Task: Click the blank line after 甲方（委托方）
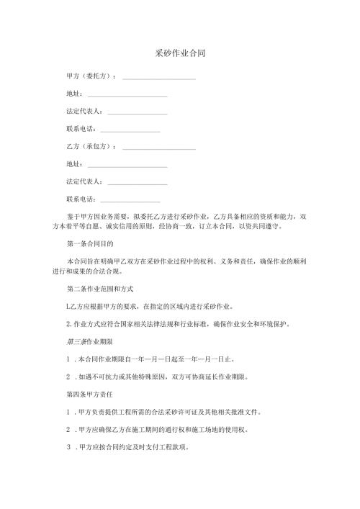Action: coord(159,77)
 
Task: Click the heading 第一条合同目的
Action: coord(90,244)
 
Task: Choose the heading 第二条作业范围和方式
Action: coord(99,289)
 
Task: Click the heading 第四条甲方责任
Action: coord(90,394)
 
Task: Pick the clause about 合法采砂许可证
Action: coord(173,412)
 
